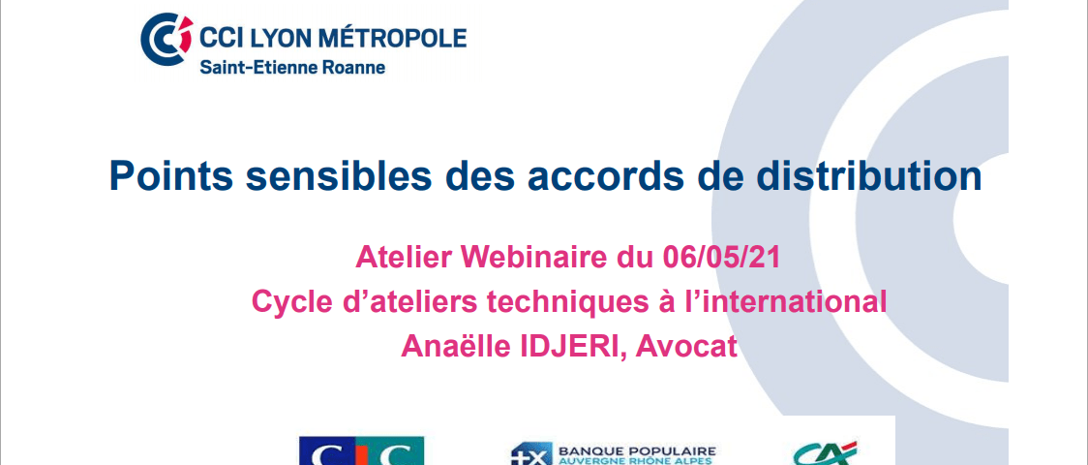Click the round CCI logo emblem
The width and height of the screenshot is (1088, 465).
[166, 39]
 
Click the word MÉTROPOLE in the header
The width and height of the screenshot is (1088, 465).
[393, 38]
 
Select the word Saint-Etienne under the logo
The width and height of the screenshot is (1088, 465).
[262, 68]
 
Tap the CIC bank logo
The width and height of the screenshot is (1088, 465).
[361, 451]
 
